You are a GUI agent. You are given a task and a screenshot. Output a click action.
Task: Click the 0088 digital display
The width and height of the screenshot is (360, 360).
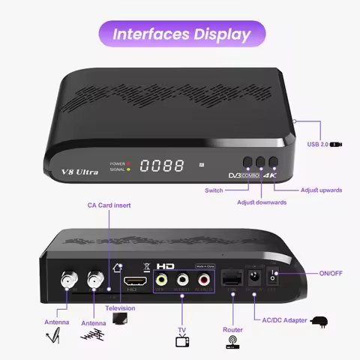[x=162, y=165]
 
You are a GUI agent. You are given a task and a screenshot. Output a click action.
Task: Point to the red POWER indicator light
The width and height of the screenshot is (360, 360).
[x=128, y=163]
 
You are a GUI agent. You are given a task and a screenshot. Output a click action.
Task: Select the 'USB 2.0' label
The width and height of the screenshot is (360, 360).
[x=318, y=145]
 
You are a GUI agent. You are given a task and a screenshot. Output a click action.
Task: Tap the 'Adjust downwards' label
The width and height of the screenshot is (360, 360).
[x=262, y=203]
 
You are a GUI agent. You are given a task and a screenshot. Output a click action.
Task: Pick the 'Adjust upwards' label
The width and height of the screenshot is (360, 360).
[x=321, y=190]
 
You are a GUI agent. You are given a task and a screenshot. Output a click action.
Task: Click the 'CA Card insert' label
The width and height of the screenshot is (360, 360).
[x=109, y=205]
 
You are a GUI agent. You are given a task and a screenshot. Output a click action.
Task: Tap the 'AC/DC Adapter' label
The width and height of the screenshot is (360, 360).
[x=284, y=320]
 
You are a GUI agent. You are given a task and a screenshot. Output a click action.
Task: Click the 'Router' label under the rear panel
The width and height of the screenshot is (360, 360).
[x=232, y=329]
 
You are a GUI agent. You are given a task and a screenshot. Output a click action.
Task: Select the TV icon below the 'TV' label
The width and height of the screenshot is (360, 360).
[x=181, y=343]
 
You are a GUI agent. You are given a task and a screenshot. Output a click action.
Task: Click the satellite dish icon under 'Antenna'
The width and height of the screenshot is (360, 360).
[x=53, y=337]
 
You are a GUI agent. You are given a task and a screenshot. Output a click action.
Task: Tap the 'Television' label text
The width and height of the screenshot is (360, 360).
[x=121, y=308]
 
